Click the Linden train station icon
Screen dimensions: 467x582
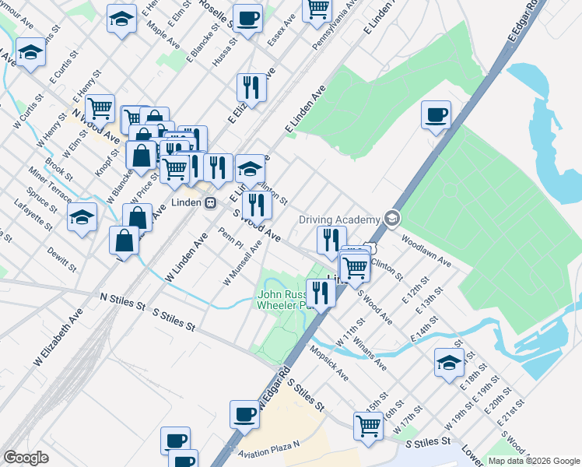[x=210, y=203]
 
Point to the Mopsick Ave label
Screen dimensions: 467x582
[x=331, y=363]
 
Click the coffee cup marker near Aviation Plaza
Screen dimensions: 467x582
[x=244, y=414]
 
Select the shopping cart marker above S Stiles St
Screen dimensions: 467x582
[x=368, y=425]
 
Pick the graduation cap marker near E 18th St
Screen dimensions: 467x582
[x=450, y=363]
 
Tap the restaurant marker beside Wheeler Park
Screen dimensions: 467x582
[x=320, y=293]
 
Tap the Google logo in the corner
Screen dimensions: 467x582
[x=26, y=458]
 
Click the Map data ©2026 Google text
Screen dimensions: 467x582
[x=534, y=461]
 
